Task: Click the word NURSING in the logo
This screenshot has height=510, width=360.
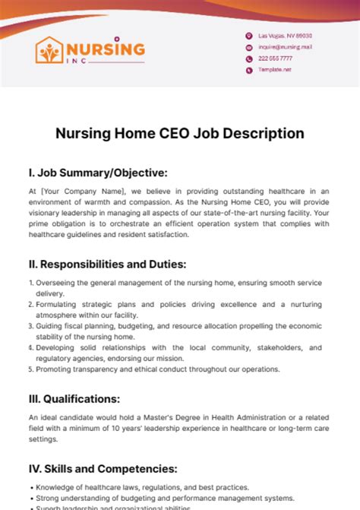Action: click(x=106, y=49)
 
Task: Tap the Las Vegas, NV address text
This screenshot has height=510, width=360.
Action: click(x=285, y=36)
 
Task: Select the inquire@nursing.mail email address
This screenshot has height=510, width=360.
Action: click(x=285, y=46)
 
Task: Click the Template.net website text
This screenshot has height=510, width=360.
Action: click(x=275, y=69)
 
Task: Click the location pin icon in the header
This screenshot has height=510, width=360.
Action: click(x=248, y=36)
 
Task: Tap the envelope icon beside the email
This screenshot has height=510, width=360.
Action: click(x=248, y=47)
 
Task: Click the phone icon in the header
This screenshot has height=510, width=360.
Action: click(x=248, y=59)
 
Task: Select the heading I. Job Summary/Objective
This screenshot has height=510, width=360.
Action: click(x=98, y=173)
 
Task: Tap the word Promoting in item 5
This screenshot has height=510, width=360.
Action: click(x=55, y=369)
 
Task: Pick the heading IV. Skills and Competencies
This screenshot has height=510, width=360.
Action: click(x=103, y=468)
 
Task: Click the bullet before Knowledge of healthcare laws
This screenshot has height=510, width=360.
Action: click(x=30, y=487)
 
